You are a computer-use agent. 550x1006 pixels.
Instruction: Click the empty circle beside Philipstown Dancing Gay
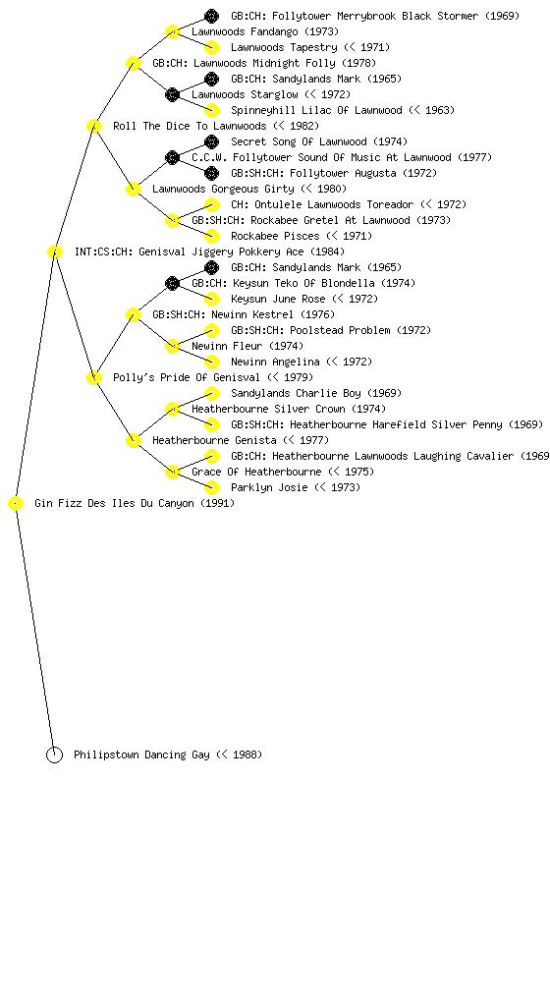54,755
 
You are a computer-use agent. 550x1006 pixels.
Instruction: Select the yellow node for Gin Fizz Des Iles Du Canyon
16,504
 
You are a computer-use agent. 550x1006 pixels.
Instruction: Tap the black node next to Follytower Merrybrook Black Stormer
211,16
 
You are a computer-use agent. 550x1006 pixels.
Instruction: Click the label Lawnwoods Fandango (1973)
265,31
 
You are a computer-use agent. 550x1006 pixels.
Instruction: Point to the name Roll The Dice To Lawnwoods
190,126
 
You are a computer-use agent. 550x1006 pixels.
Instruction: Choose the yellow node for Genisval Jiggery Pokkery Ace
54,252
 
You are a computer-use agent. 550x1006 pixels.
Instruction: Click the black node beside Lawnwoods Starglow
172,95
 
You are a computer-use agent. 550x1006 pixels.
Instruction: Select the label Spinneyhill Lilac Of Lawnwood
316,110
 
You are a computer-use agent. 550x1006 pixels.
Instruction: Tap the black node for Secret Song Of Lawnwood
211,141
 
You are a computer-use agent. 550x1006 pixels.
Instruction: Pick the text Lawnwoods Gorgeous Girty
223,189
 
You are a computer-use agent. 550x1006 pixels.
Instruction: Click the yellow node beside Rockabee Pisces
211,236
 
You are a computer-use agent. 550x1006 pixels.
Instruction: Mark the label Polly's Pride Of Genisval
187,377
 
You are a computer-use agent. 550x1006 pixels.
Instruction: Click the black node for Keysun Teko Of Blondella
172,284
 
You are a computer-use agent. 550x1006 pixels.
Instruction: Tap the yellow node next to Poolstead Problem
211,330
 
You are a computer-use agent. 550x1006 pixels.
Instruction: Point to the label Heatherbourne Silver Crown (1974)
289,409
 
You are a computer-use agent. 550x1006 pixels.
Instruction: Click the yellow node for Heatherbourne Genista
133,441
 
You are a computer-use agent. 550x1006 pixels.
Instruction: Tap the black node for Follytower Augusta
211,173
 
